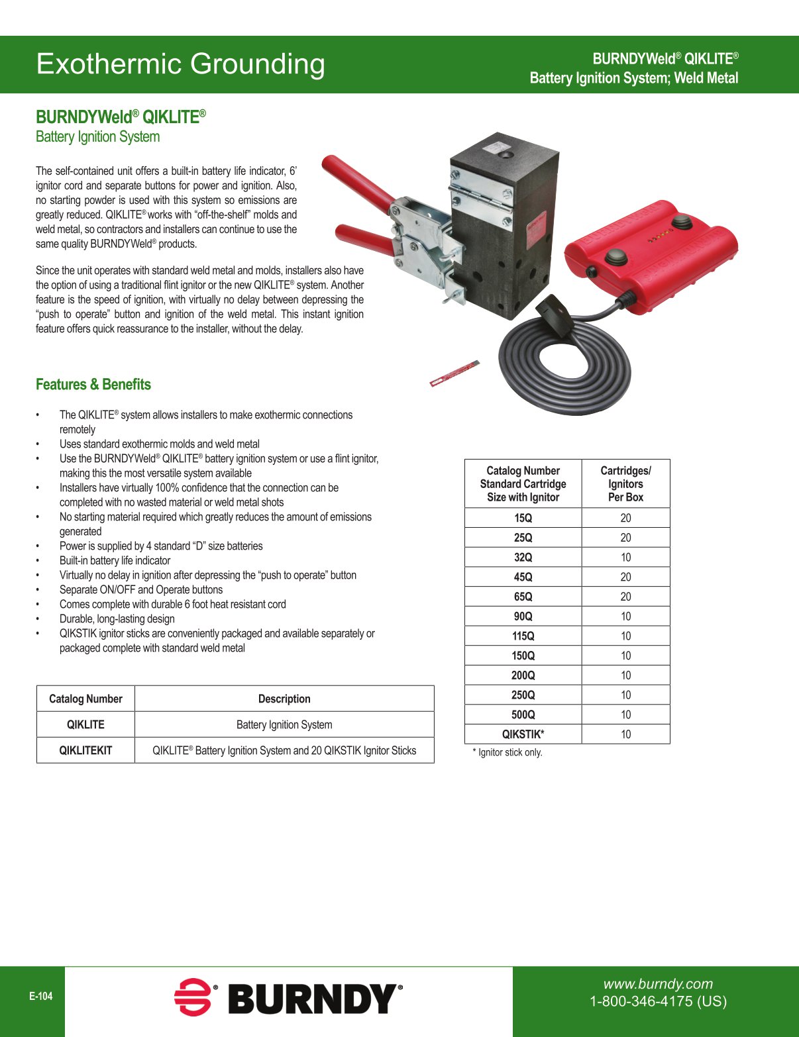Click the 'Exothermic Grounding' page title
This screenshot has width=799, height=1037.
point(180,64)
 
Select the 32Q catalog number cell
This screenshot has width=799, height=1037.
point(523,558)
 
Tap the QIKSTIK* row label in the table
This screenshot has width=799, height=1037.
point(523,734)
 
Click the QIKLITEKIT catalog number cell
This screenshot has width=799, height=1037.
point(85,750)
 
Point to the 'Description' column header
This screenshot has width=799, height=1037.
point(284,699)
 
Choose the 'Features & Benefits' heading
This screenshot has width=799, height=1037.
point(93,385)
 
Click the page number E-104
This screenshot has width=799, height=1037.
point(40,996)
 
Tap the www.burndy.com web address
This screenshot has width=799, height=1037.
point(658,984)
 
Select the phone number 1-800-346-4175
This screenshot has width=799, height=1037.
point(658,1001)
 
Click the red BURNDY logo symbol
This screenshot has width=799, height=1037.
point(193,997)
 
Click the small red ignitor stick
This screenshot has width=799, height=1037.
point(454,373)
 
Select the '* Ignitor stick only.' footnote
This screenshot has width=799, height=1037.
point(507,752)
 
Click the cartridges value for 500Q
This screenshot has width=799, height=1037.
point(625,715)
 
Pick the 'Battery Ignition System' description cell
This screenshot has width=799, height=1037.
point(284,724)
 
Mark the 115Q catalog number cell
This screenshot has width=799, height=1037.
point(523,636)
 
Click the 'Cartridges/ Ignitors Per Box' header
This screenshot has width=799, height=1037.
point(625,484)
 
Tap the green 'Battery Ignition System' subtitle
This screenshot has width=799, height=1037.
point(97,137)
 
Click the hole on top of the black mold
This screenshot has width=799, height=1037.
point(507,155)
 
